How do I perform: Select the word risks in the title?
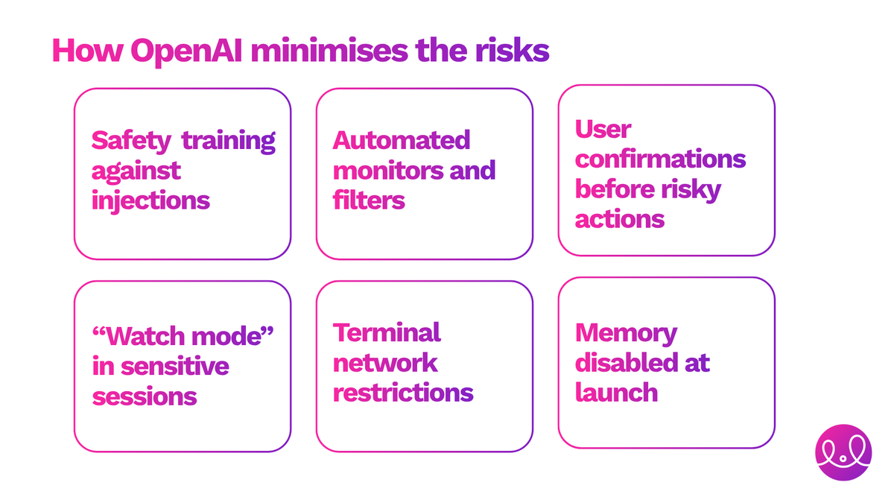point(512,51)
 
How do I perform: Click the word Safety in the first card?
point(131,140)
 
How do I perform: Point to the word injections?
point(150,200)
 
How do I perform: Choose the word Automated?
point(402,140)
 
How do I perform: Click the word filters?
point(369,200)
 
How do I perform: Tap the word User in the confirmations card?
point(603,129)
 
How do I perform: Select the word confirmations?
point(660,159)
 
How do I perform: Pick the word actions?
point(619,219)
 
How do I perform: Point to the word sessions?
point(145,396)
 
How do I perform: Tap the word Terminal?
point(387,332)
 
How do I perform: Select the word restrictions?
point(403,392)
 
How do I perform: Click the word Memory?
point(626,332)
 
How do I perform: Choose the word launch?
point(616,392)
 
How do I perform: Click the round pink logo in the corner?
point(843,453)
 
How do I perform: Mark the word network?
point(385,362)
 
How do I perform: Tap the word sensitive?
point(174,366)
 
